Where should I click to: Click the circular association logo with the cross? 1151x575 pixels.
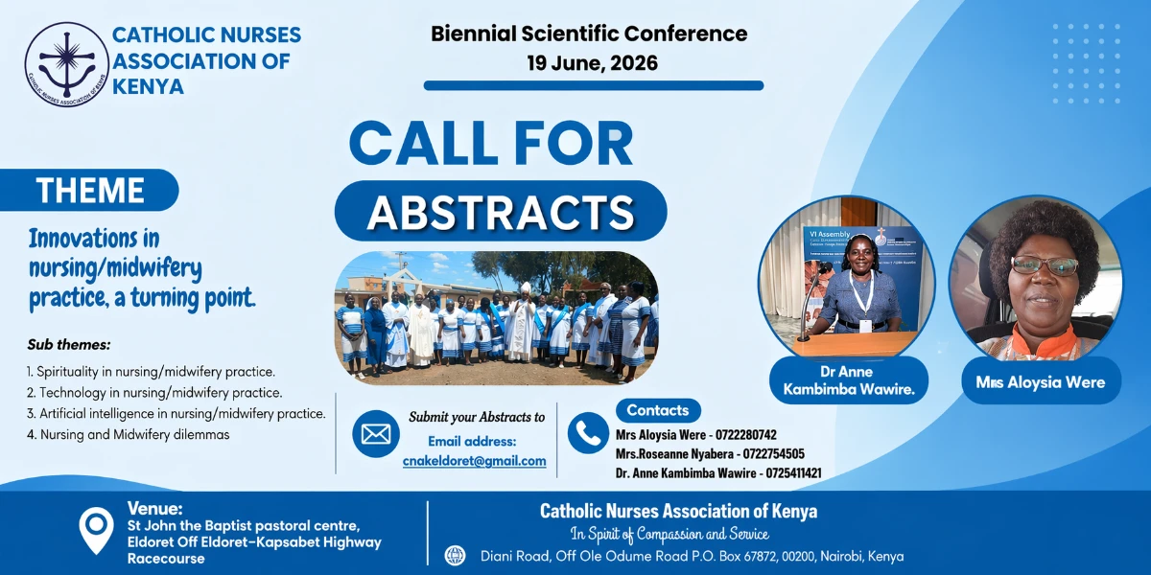pyautogui.click(x=67, y=64)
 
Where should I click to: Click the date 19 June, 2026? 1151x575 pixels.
pyautogui.click(x=592, y=63)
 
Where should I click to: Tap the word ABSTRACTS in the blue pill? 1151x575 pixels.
pyautogui.click(x=501, y=212)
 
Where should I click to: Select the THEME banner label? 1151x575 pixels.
pyautogui.click(x=90, y=190)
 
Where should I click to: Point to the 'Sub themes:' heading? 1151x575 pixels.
pyautogui.click(x=69, y=344)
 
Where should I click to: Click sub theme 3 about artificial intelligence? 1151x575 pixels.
pyautogui.click(x=176, y=413)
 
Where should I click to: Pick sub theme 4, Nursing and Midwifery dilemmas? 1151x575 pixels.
pyautogui.click(x=128, y=434)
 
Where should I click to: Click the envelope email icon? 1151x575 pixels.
pyautogui.click(x=376, y=434)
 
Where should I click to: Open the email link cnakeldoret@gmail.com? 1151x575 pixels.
pyautogui.click(x=474, y=461)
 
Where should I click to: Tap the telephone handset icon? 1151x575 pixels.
pyautogui.click(x=588, y=433)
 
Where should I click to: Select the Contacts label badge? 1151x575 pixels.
pyautogui.click(x=658, y=410)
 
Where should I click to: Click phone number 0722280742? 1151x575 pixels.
pyautogui.click(x=746, y=435)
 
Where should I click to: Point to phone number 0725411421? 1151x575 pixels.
pyautogui.click(x=794, y=472)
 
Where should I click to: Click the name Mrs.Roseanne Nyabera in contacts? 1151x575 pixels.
pyautogui.click(x=674, y=454)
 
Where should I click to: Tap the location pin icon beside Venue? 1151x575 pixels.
pyautogui.click(x=96, y=530)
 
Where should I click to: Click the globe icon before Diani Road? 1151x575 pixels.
pyautogui.click(x=455, y=556)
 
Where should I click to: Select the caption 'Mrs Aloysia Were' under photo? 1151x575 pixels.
pyautogui.click(x=1041, y=382)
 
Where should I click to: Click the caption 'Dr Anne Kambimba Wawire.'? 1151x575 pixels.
pyautogui.click(x=849, y=380)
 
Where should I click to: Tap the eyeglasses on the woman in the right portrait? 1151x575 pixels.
pyautogui.click(x=1045, y=265)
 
